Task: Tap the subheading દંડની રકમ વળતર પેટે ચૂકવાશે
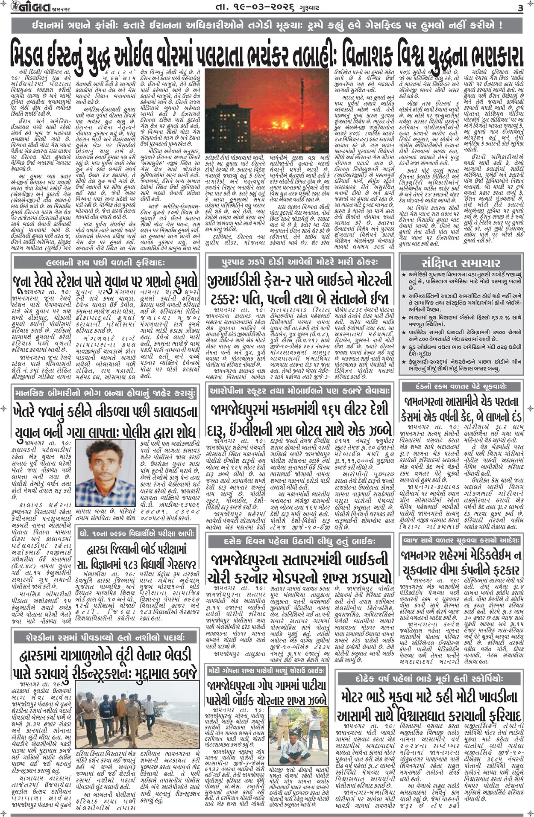[x=461, y=386]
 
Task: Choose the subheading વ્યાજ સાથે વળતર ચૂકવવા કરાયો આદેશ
[x=461, y=540]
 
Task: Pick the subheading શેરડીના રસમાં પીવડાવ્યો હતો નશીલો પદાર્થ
[x=106, y=637]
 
